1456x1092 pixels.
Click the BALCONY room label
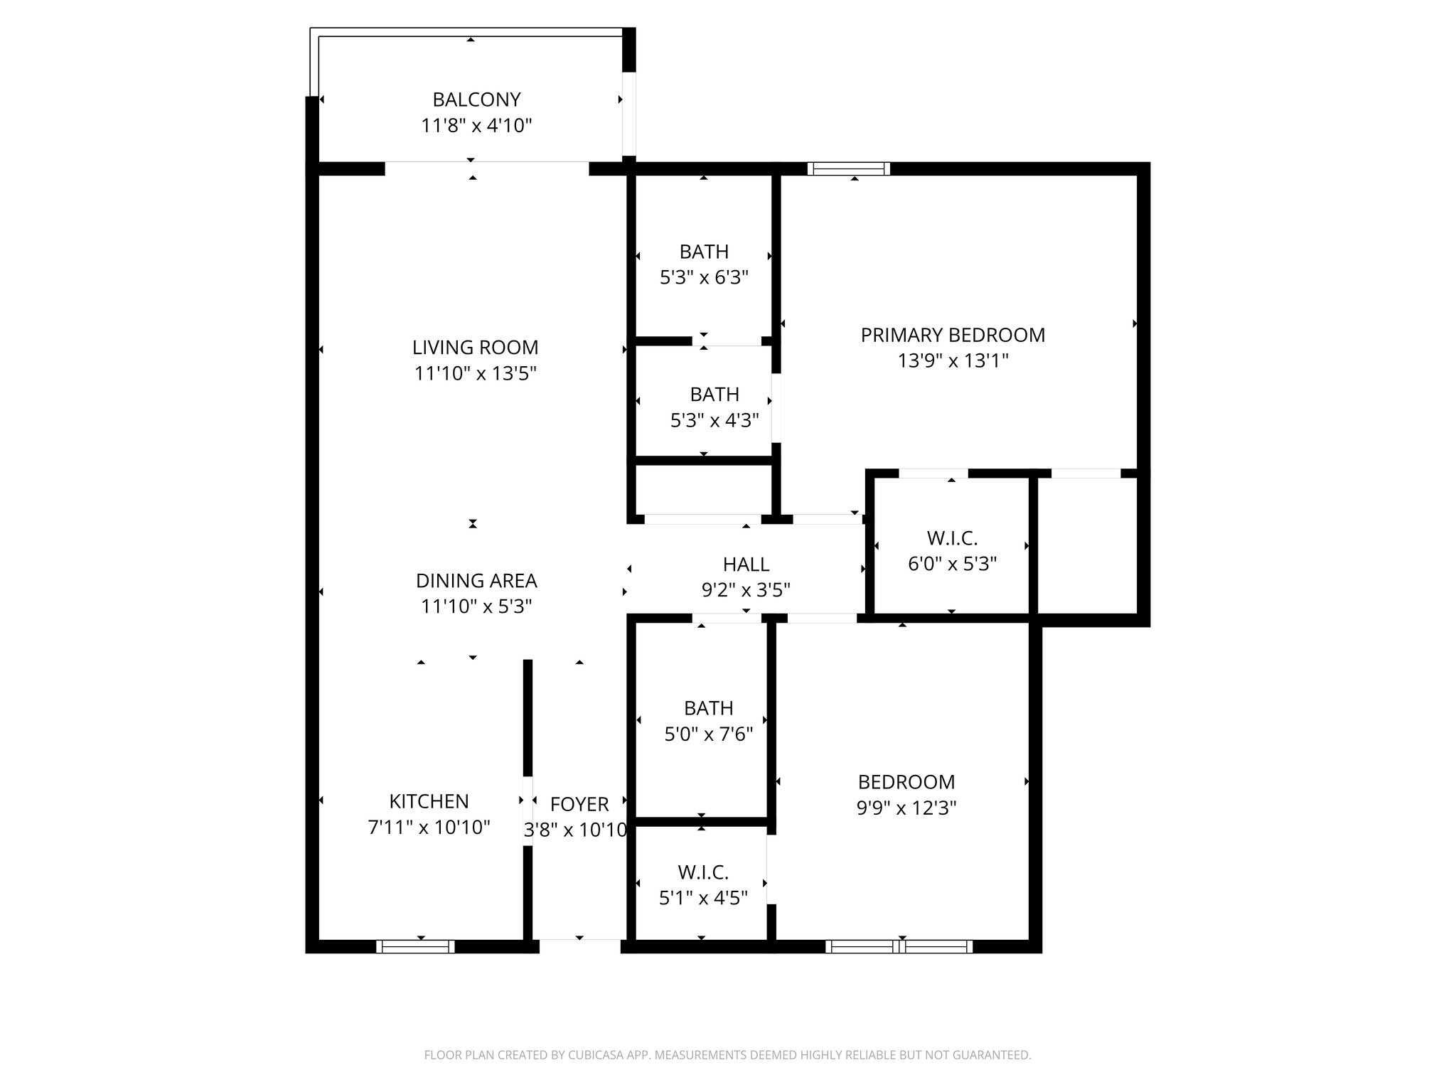[476, 100]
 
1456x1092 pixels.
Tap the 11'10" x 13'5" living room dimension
[475, 374]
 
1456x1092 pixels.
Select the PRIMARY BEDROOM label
[953, 335]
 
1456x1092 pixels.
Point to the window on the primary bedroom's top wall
[848, 168]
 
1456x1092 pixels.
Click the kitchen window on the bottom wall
[415, 946]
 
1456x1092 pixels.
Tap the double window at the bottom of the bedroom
[899, 946]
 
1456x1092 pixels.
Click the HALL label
[746, 564]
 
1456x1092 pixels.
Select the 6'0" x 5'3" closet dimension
[952, 564]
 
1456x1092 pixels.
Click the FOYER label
[579, 804]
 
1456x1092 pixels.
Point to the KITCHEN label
[429, 801]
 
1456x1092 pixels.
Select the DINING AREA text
[476, 581]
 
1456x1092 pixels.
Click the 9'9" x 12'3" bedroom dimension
[906, 808]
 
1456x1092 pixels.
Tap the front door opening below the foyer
[579, 946]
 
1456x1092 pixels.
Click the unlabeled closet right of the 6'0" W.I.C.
[1087, 545]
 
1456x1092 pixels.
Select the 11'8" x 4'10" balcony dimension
[476, 126]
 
